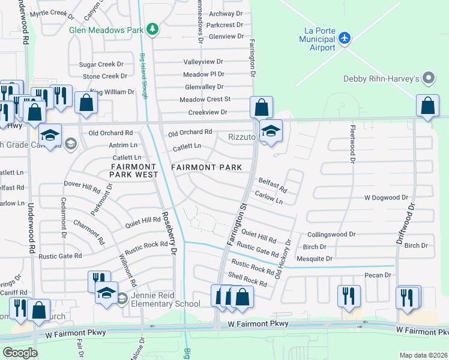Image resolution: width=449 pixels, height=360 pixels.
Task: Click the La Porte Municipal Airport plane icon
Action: coord(344,38)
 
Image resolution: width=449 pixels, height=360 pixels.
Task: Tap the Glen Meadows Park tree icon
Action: coord(153,29)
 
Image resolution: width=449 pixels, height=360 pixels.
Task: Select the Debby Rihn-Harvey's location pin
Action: coord(428,78)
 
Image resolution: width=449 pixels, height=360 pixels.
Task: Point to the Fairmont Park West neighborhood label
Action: coord(133,170)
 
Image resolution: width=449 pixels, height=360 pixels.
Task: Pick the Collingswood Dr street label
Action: coord(332,235)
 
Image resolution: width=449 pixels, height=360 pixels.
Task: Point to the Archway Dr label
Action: coord(225,14)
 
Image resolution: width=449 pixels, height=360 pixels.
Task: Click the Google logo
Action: coord(20,353)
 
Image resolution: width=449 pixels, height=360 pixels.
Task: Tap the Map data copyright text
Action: coord(424,355)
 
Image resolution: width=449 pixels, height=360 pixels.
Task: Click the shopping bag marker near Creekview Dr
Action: coord(261,108)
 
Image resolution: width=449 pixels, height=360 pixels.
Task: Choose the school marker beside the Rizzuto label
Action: coord(271,131)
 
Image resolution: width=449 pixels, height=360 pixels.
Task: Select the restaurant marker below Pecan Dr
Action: coord(347,296)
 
